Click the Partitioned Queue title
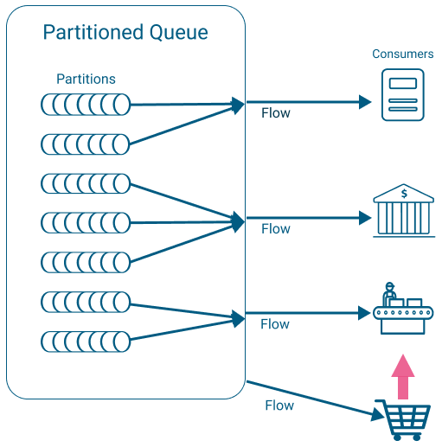point(125,33)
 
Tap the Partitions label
point(86,79)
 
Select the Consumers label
point(402,54)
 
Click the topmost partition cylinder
point(86,105)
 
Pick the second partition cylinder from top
point(86,144)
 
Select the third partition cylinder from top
point(86,183)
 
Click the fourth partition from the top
point(86,222)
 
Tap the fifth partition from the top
point(86,262)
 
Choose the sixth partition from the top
point(86,302)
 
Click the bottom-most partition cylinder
point(86,341)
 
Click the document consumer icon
point(402,95)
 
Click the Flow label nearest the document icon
point(275,113)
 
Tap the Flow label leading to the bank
point(275,229)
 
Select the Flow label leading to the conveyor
point(275,324)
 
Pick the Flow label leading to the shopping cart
point(279,405)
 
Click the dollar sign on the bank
point(403,193)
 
